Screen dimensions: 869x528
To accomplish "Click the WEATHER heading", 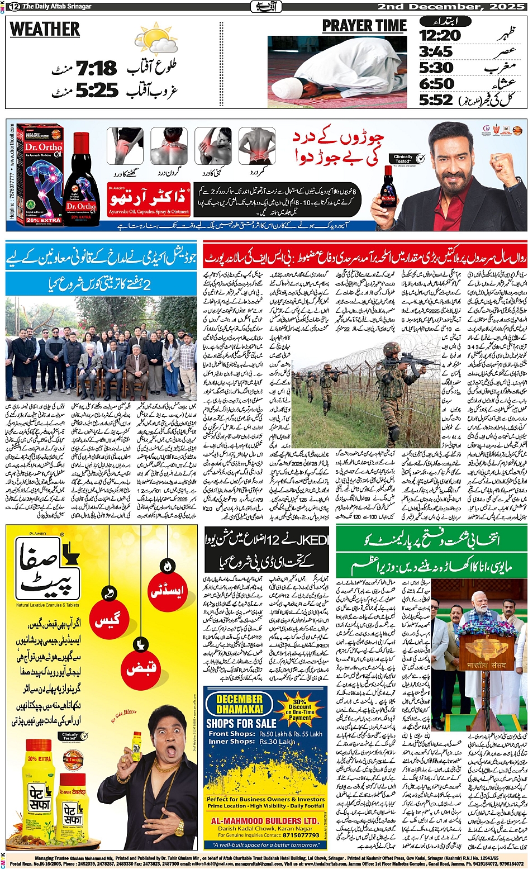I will click(x=45, y=29).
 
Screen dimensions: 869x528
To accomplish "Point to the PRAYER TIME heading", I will click(x=364, y=26).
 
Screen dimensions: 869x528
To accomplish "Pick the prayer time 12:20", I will click(x=440, y=36).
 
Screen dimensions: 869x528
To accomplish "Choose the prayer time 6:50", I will click(x=436, y=84).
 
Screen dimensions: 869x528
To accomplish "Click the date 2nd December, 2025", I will click(x=451, y=7).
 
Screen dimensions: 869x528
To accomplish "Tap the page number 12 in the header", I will click(x=14, y=7).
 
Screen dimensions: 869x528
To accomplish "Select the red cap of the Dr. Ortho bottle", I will click(x=82, y=141).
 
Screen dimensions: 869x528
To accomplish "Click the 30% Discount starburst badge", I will click(x=299, y=708).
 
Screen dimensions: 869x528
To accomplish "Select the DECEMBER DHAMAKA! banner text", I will click(x=239, y=704).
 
